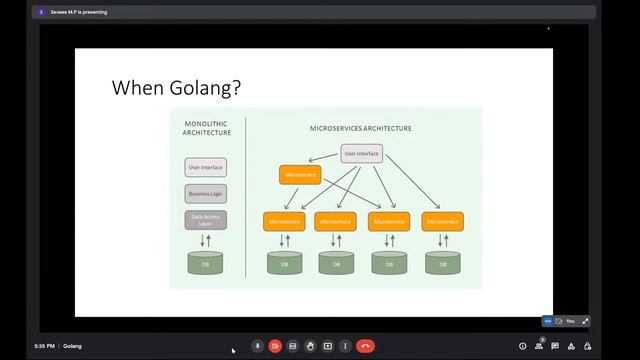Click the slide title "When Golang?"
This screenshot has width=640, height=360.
(x=175, y=88)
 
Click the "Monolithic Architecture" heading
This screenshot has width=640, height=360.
(x=207, y=129)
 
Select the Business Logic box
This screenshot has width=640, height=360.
(x=206, y=194)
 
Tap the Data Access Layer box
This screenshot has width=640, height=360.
(x=206, y=220)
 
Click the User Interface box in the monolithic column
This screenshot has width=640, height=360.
(x=206, y=167)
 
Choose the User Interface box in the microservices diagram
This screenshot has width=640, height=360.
(x=361, y=153)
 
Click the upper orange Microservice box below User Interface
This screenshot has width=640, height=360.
(x=300, y=175)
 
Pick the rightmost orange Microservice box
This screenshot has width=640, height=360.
(x=441, y=221)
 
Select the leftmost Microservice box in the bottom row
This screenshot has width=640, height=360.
(x=284, y=221)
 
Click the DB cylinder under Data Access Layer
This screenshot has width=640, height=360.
(x=206, y=264)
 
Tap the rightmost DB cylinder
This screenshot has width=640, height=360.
(x=441, y=264)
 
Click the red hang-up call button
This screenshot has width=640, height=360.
(x=365, y=346)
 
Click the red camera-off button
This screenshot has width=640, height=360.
(x=275, y=346)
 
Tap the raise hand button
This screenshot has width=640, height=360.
(x=310, y=346)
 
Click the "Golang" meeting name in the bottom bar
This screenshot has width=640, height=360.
(x=72, y=346)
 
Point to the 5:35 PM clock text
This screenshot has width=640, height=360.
(x=44, y=346)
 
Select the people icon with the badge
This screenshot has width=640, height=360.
(x=539, y=346)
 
